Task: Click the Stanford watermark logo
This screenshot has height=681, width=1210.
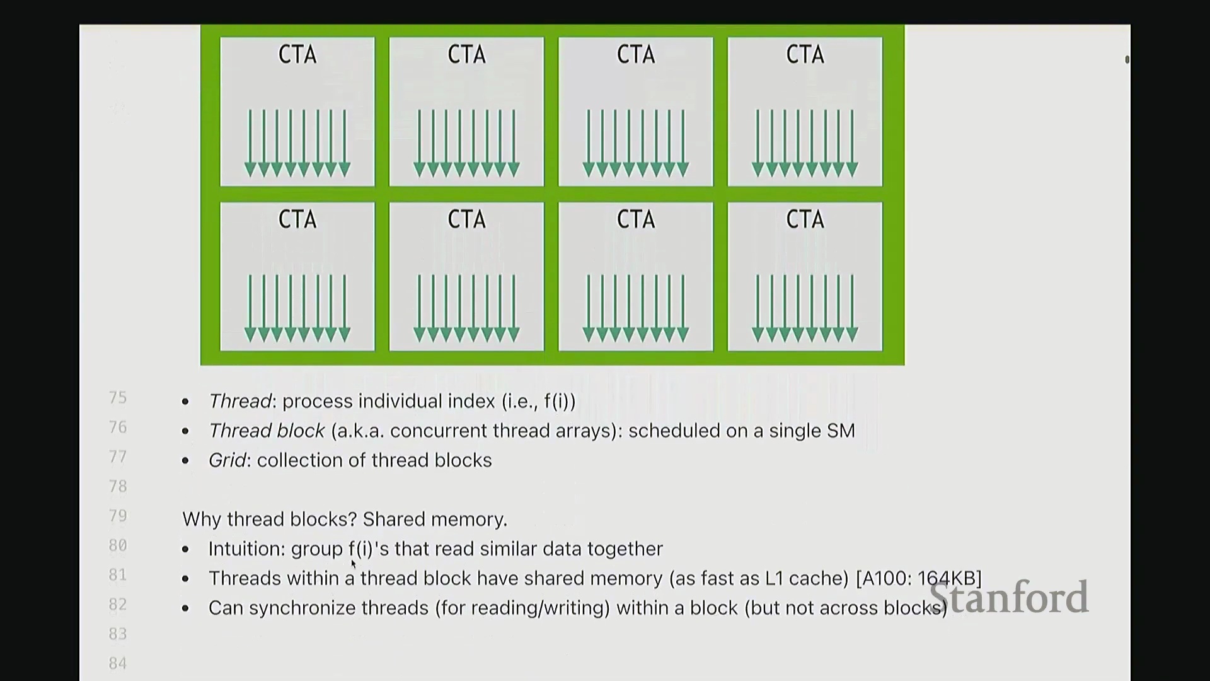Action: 1008,597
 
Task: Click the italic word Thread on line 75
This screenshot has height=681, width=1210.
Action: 239,402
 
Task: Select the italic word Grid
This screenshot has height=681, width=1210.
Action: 227,460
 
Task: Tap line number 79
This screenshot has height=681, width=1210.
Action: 118,516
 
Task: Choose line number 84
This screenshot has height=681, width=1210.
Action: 118,663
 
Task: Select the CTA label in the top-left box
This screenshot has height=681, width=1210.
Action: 297,55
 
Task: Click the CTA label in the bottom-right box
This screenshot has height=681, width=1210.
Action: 805,219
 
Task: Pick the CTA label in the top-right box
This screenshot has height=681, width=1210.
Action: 805,55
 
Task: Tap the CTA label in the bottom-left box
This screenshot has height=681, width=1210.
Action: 297,219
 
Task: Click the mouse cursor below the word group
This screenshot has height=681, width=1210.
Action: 354,564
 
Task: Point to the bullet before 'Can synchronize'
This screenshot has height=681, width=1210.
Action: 185,608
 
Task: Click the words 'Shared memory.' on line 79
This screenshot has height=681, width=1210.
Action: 435,519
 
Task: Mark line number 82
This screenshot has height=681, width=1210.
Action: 118,604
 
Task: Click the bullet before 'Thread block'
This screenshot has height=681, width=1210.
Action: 185,431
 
